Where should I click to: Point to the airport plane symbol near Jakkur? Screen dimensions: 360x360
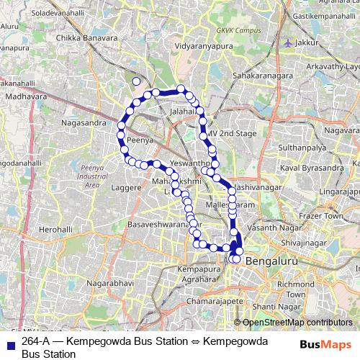point(289,42)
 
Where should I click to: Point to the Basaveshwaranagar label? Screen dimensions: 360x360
point(153,223)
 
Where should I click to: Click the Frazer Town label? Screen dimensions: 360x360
point(323,216)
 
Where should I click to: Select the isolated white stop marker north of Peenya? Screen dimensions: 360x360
point(137,81)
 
